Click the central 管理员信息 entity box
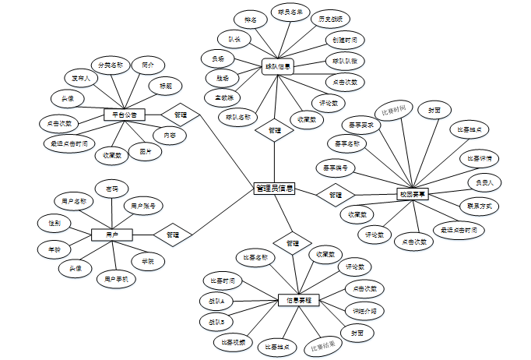pos(274,189)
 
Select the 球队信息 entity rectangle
pos(276,67)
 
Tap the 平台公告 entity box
pos(125,115)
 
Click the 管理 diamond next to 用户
pos(173,234)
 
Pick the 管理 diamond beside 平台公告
pos(180,115)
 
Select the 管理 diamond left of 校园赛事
pos(336,194)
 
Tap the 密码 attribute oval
pos(111,189)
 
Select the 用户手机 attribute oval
pos(116,277)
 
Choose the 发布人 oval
pos(80,79)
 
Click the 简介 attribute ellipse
pos(148,65)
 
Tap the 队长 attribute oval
pos(234,38)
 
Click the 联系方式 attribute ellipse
pos(479,206)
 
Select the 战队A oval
pos(216,301)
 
